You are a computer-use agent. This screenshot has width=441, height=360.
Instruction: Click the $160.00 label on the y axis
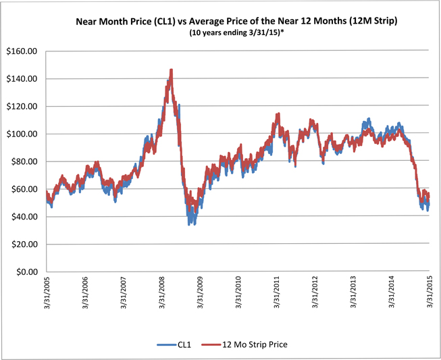coord(22,51)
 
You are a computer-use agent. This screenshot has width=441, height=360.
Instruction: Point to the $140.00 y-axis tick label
coord(22,79)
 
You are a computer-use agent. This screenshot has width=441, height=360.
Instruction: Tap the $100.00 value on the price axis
coord(22,134)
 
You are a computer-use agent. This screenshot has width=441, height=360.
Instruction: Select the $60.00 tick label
coord(24,189)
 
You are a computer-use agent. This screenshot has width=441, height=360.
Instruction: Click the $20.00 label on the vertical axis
coord(24,244)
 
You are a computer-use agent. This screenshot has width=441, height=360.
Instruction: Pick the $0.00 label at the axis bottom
coord(27,272)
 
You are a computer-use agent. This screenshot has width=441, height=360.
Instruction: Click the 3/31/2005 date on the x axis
coord(47,292)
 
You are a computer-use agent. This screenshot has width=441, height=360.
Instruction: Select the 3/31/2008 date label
coord(161,292)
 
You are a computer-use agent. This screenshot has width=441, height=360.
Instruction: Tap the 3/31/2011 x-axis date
coord(277,292)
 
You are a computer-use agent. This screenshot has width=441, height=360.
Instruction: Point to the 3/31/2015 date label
coord(430,292)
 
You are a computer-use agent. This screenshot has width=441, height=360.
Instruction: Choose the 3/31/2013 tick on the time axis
coord(353,292)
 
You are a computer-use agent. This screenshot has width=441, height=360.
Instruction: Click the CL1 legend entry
coord(184,344)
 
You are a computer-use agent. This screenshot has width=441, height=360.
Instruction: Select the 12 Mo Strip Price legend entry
coord(255,344)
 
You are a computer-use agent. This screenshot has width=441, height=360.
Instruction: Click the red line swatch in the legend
coord(211,344)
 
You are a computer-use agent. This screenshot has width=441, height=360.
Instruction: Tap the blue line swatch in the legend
coord(167,344)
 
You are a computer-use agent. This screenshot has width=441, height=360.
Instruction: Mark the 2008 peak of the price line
coord(171,70)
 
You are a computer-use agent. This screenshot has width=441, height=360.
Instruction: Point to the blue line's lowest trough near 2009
coord(189,224)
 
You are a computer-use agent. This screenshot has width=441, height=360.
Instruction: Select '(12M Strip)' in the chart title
coord(373,21)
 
